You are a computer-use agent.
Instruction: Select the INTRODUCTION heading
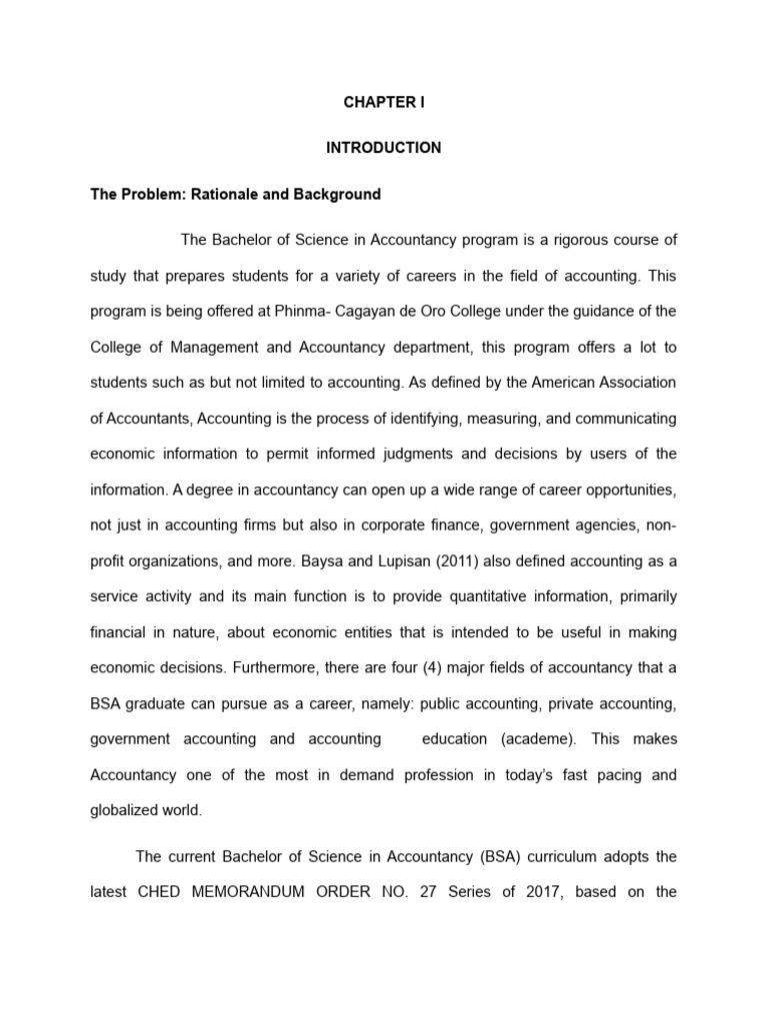coord(383,148)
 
